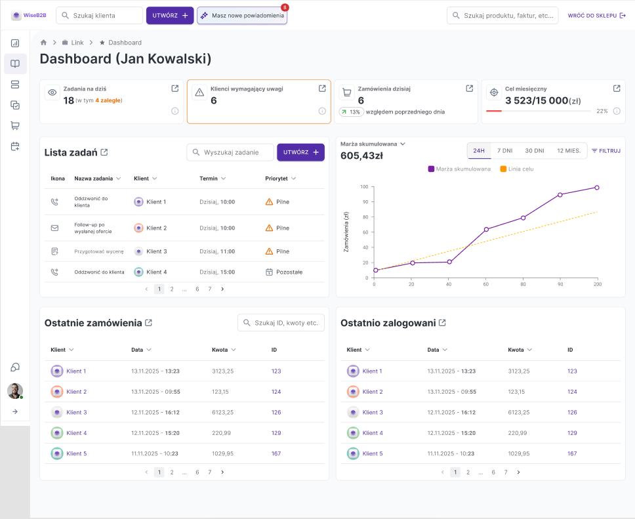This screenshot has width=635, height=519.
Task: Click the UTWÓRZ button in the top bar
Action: (x=169, y=15)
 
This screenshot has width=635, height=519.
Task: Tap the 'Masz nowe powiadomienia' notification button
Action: (x=241, y=15)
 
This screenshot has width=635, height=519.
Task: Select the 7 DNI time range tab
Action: (x=504, y=150)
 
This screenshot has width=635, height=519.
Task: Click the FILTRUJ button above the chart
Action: (x=605, y=150)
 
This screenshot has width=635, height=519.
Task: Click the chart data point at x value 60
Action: (x=486, y=229)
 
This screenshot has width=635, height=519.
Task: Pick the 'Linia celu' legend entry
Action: (x=517, y=169)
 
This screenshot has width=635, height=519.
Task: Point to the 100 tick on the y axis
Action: (x=364, y=187)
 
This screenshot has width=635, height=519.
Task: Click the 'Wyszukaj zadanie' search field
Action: (x=230, y=152)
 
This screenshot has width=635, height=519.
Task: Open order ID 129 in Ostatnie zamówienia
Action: (x=276, y=433)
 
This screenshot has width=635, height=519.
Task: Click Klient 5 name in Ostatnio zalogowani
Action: (x=372, y=453)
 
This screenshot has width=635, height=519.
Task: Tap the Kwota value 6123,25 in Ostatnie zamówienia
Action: (x=222, y=412)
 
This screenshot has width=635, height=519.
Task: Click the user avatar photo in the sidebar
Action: (x=14, y=391)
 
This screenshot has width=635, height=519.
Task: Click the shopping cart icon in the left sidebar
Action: (x=15, y=125)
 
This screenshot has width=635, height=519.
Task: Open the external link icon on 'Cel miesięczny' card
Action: (x=617, y=88)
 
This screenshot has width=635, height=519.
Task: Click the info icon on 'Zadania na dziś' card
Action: (x=175, y=111)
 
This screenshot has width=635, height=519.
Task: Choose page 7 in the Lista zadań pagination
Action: (x=209, y=289)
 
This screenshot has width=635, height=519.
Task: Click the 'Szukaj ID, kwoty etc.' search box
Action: (x=281, y=323)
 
